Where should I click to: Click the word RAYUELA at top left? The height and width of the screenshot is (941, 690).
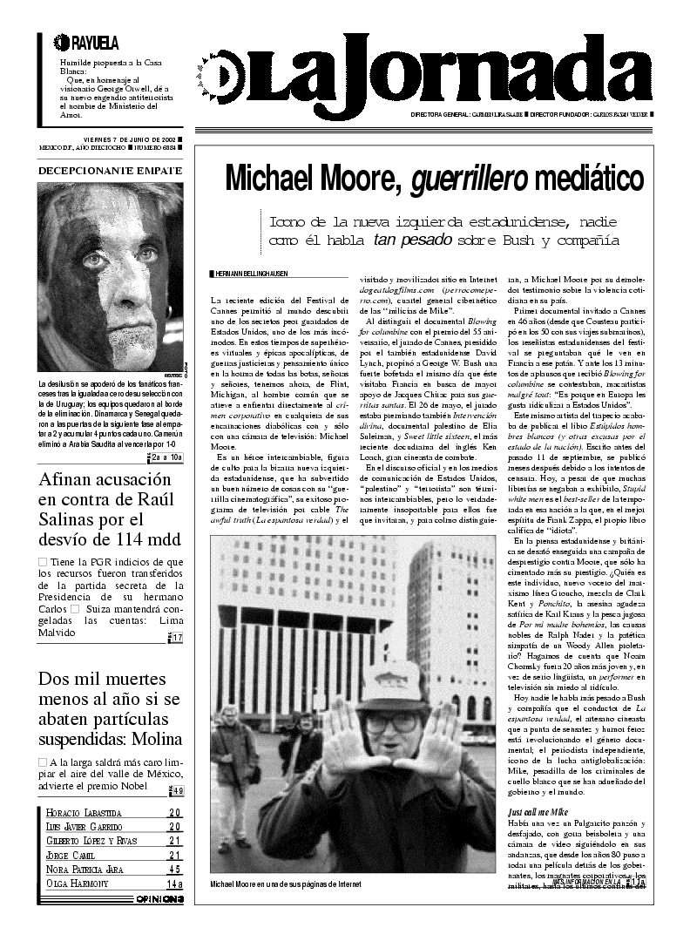(93, 42)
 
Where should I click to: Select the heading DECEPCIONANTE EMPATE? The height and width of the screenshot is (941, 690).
(110, 170)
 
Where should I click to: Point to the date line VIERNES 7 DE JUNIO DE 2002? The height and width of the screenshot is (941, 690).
(130, 139)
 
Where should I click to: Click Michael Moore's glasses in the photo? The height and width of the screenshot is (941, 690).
(389, 722)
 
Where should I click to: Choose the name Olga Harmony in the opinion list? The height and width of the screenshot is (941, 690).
(78, 883)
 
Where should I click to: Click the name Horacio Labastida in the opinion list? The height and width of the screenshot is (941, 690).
(84, 813)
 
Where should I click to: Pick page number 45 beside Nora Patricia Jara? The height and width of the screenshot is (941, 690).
(175, 870)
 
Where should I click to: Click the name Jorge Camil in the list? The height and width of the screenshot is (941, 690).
(71, 856)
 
